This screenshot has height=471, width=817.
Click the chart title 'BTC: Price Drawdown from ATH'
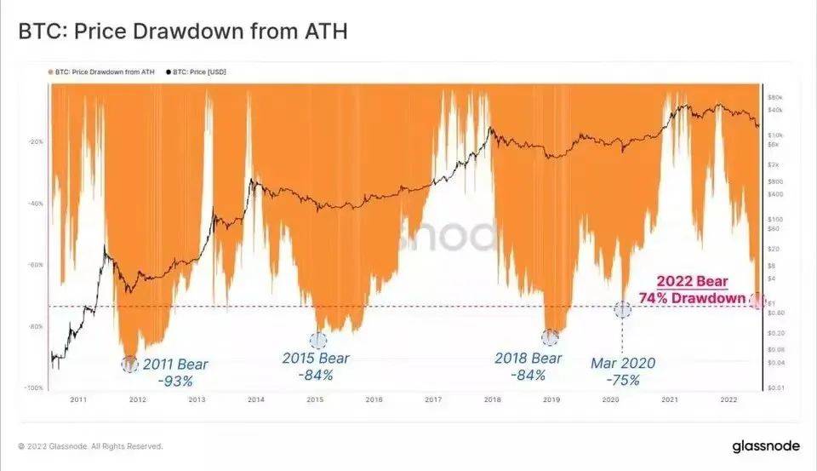(x=183, y=32)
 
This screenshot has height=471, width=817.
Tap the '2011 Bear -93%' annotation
(x=174, y=373)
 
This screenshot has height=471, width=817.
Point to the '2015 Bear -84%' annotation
(x=315, y=366)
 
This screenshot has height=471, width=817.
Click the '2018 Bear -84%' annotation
(x=528, y=366)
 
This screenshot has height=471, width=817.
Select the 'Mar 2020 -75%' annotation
(x=623, y=371)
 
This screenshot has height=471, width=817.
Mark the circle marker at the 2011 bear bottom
(x=129, y=364)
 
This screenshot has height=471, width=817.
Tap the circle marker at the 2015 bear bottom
(x=317, y=340)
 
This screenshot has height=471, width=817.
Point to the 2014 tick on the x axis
(x=255, y=399)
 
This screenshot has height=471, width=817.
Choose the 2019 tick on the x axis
(x=551, y=399)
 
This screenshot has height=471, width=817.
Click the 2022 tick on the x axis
(x=728, y=399)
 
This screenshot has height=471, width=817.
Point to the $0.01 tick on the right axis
(x=775, y=388)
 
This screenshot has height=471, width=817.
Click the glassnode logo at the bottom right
(x=765, y=445)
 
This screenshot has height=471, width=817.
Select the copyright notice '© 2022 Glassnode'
(x=90, y=445)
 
